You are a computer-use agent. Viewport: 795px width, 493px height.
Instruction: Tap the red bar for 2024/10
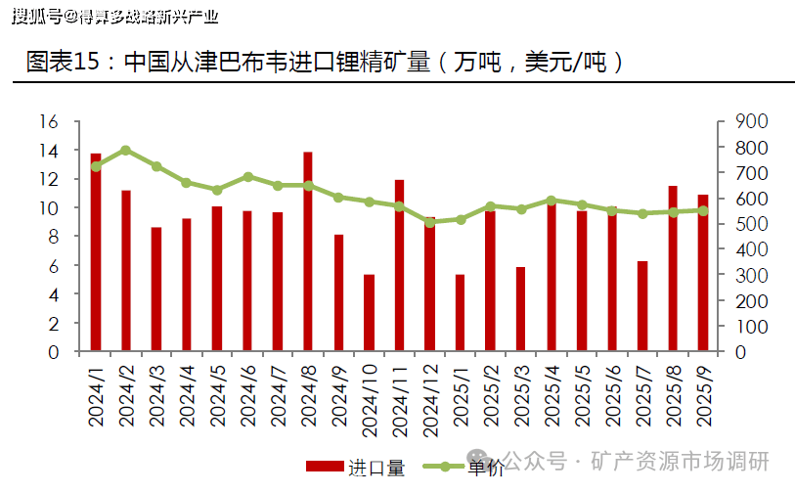[369, 313]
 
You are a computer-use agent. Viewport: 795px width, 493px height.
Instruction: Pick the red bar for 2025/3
[521, 309]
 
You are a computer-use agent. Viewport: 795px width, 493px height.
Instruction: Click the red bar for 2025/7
[642, 306]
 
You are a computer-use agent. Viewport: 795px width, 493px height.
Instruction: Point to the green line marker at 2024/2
[126, 151]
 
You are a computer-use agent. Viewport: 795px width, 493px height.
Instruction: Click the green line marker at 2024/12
[429, 222]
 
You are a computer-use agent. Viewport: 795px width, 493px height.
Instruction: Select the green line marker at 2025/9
[703, 210]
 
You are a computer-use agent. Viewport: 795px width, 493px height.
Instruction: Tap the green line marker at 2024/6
[247, 177]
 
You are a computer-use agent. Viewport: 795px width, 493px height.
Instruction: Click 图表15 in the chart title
[63, 63]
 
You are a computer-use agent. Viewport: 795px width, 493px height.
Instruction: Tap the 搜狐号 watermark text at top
[34, 16]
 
